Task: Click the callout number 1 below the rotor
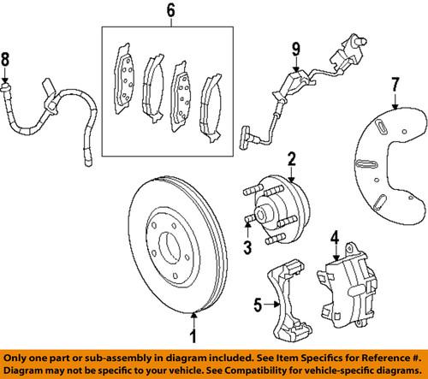[193, 335]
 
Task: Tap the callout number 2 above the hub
[292, 159]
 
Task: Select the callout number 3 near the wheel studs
[247, 247]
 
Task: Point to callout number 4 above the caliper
[335, 238]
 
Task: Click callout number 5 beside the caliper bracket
[258, 305]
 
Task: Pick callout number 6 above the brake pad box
[170, 10]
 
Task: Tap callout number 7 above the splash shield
[395, 84]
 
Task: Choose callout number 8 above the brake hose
[5, 59]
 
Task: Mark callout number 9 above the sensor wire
[296, 49]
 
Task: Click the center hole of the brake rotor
[169, 247]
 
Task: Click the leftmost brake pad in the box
[125, 80]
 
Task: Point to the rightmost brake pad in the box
[211, 108]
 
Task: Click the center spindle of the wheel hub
[260, 213]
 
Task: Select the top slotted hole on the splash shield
[380, 127]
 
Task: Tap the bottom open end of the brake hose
[88, 163]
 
